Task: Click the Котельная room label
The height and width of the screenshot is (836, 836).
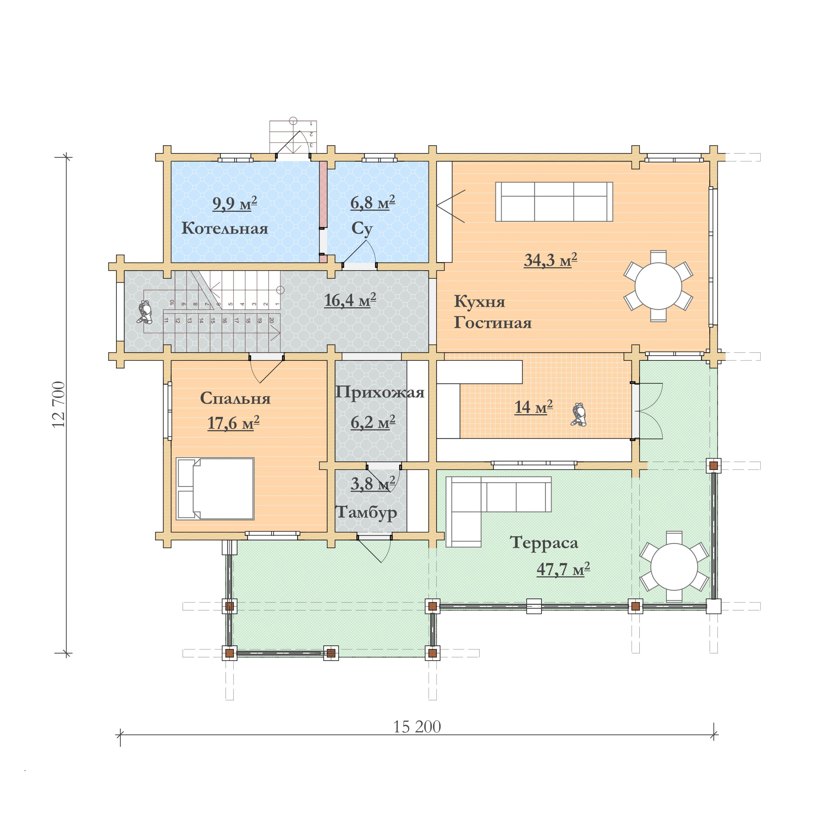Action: (x=224, y=228)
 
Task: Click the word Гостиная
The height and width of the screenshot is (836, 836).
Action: (x=492, y=323)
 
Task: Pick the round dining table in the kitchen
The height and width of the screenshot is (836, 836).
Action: (x=658, y=286)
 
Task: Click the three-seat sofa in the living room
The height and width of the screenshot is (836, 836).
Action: (x=554, y=202)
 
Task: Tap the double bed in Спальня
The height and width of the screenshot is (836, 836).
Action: (x=215, y=488)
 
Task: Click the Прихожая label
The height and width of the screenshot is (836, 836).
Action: (x=379, y=392)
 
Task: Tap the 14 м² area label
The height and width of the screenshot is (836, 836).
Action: (x=533, y=407)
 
